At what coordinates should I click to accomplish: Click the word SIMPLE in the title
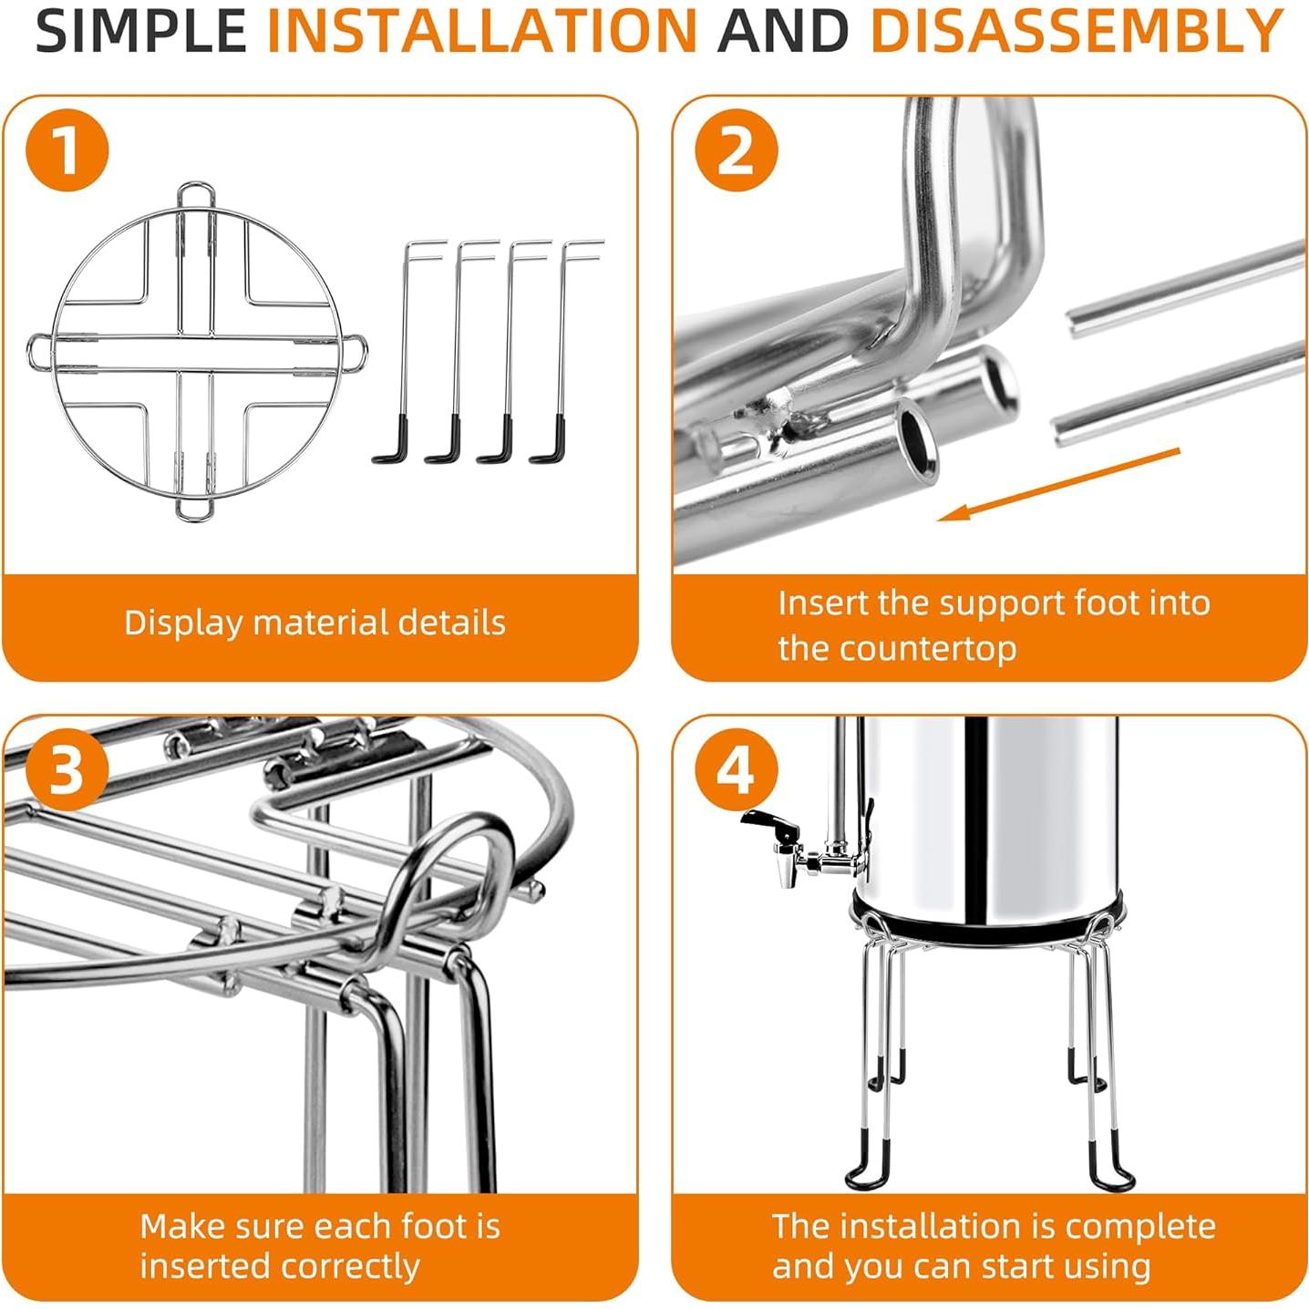(141, 31)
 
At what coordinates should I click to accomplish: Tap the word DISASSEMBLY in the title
(1077, 31)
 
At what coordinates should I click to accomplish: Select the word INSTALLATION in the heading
(482, 31)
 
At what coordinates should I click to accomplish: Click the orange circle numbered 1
(67, 149)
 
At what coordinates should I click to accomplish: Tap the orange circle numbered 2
(736, 149)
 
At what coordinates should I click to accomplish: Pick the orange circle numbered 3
(67, 770)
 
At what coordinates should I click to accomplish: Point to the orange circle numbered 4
(736, 770)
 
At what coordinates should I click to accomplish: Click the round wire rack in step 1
(196, 351)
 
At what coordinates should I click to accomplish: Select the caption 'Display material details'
(314, 624)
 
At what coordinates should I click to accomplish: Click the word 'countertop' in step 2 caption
(927, 649)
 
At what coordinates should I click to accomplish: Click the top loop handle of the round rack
(196, 194)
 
